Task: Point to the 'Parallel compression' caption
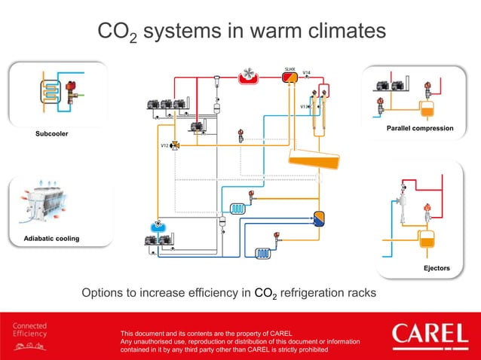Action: [420, 129]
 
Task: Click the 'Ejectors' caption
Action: [437, 268]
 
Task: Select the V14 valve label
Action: [306, 72]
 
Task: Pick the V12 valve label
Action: [164, 144]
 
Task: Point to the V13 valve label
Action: [304, 107]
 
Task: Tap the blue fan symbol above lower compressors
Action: [158, 225]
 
